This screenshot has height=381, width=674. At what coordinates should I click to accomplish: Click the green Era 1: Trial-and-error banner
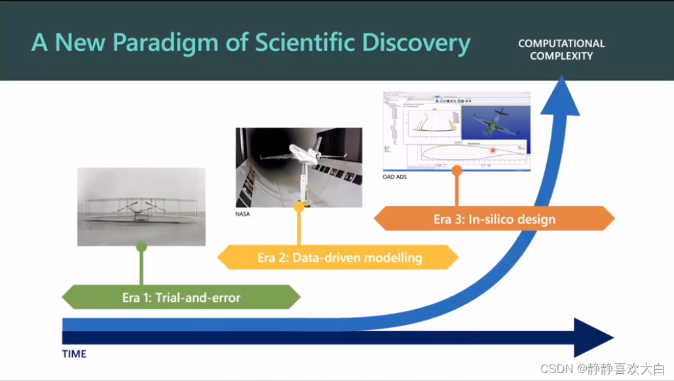click(181, 297)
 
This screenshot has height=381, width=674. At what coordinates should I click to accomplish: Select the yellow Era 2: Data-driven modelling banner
click(339, 257)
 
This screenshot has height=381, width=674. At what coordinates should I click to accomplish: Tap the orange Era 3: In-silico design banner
click(494, 219)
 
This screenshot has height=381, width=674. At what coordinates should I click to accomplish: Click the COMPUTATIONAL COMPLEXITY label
click(561, 50)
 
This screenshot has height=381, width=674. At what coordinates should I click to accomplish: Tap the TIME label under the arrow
click(74, 354)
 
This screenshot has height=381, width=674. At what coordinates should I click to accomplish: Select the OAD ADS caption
click(395, 177)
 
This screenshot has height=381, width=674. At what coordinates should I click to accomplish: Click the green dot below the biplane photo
click(141, 247)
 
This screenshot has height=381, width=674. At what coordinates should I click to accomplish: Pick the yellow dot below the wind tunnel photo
click(299, 207)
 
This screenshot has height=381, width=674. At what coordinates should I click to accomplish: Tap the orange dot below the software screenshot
click(457, 170)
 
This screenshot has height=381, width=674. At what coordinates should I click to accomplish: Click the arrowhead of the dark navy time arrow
click(593, 337)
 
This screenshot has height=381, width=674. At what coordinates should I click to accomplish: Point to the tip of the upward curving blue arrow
click(562, 82)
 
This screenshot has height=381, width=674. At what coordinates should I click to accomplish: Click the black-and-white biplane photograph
click(141, 206)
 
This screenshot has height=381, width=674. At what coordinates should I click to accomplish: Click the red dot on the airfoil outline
click(493, 150)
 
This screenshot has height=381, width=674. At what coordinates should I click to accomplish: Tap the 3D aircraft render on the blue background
click(493, 122)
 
